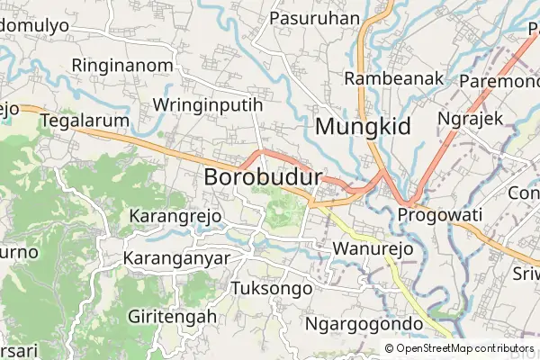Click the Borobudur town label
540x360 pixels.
pyautogui.click(x=264, y=177)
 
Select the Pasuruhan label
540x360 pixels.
pyautogui.click(x=315, y=18)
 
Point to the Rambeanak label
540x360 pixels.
pyautogui.click(x=394, y=78)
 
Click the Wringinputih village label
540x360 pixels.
pyautogui.click(x=208, y=104)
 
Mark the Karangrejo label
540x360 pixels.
pyautogui.click(x=175, y=217)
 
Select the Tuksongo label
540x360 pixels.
pyautogui.click(x=272, y=289)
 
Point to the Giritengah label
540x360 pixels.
pyautogui.click(x=173, y=317)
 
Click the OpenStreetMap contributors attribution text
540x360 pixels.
pyautogui.click(x=459, y=348)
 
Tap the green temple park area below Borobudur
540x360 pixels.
pyautogui.click(x=281, y=211)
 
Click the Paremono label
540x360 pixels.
pyautogui.click(x=499, y=82)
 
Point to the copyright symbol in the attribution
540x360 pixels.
pyautogui.click(x=390, y=348)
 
